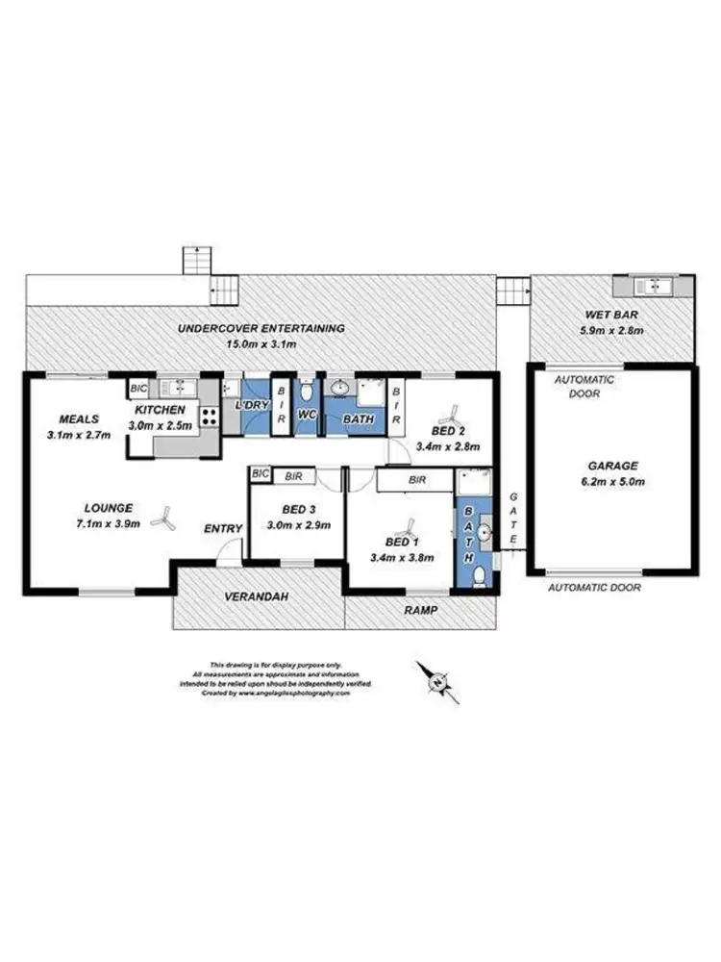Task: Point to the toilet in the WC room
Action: [x=306, y=392]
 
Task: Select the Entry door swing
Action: [x=228, y=549]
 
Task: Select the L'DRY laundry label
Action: [x=252, y=406]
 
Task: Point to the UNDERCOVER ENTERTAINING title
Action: [x=261, y=329]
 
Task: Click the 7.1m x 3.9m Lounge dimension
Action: [x=107, y=523]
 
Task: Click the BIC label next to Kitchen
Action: [x=138, y=389]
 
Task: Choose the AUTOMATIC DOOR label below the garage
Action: [x=593, y=586]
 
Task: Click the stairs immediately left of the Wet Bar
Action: [x=512, y=290]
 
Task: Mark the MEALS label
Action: [x=80, y=419]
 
